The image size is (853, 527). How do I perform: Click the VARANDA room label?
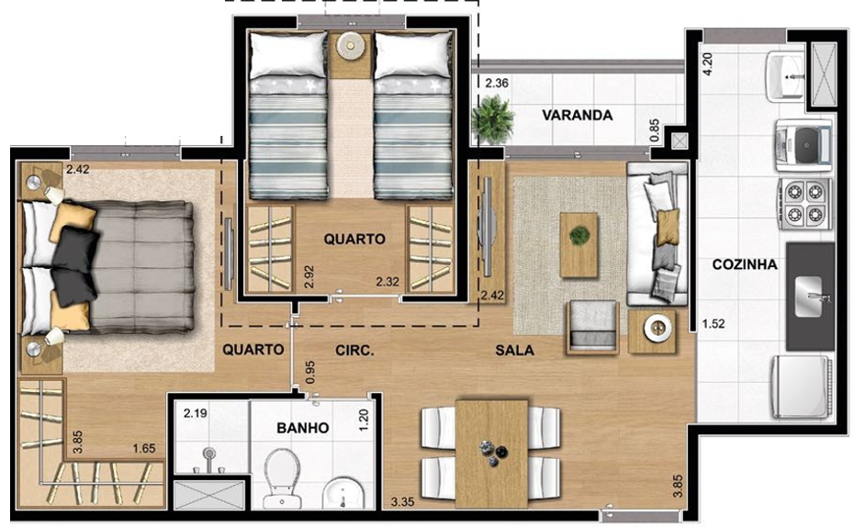click(x=577, y=116)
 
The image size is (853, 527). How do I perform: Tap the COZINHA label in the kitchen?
click(x=745, y=265)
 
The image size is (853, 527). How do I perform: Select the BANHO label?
click(x=303, y=428)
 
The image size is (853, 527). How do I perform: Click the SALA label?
click(x=515, y=350)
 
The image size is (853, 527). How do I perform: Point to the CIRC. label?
click(x=353, y=350)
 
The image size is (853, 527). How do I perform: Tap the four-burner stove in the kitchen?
click(x=804, y=202)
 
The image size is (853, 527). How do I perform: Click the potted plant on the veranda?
click(x=493, y=120)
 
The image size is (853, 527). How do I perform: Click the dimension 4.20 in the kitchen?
click(x=707, y=67)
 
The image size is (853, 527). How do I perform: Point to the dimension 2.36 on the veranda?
click(x=497, y=84)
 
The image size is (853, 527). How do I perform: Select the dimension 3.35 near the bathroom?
click(x=401, y=502)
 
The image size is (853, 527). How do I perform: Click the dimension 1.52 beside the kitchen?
click(x=713, y=323)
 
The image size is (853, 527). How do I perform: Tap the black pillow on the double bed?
click(x=75, y=262)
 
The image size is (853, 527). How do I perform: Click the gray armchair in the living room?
click(x=591, y=326)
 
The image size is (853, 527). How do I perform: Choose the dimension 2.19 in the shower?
click(x=195, y=414)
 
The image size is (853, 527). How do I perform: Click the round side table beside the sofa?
click(x=653, y=330)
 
